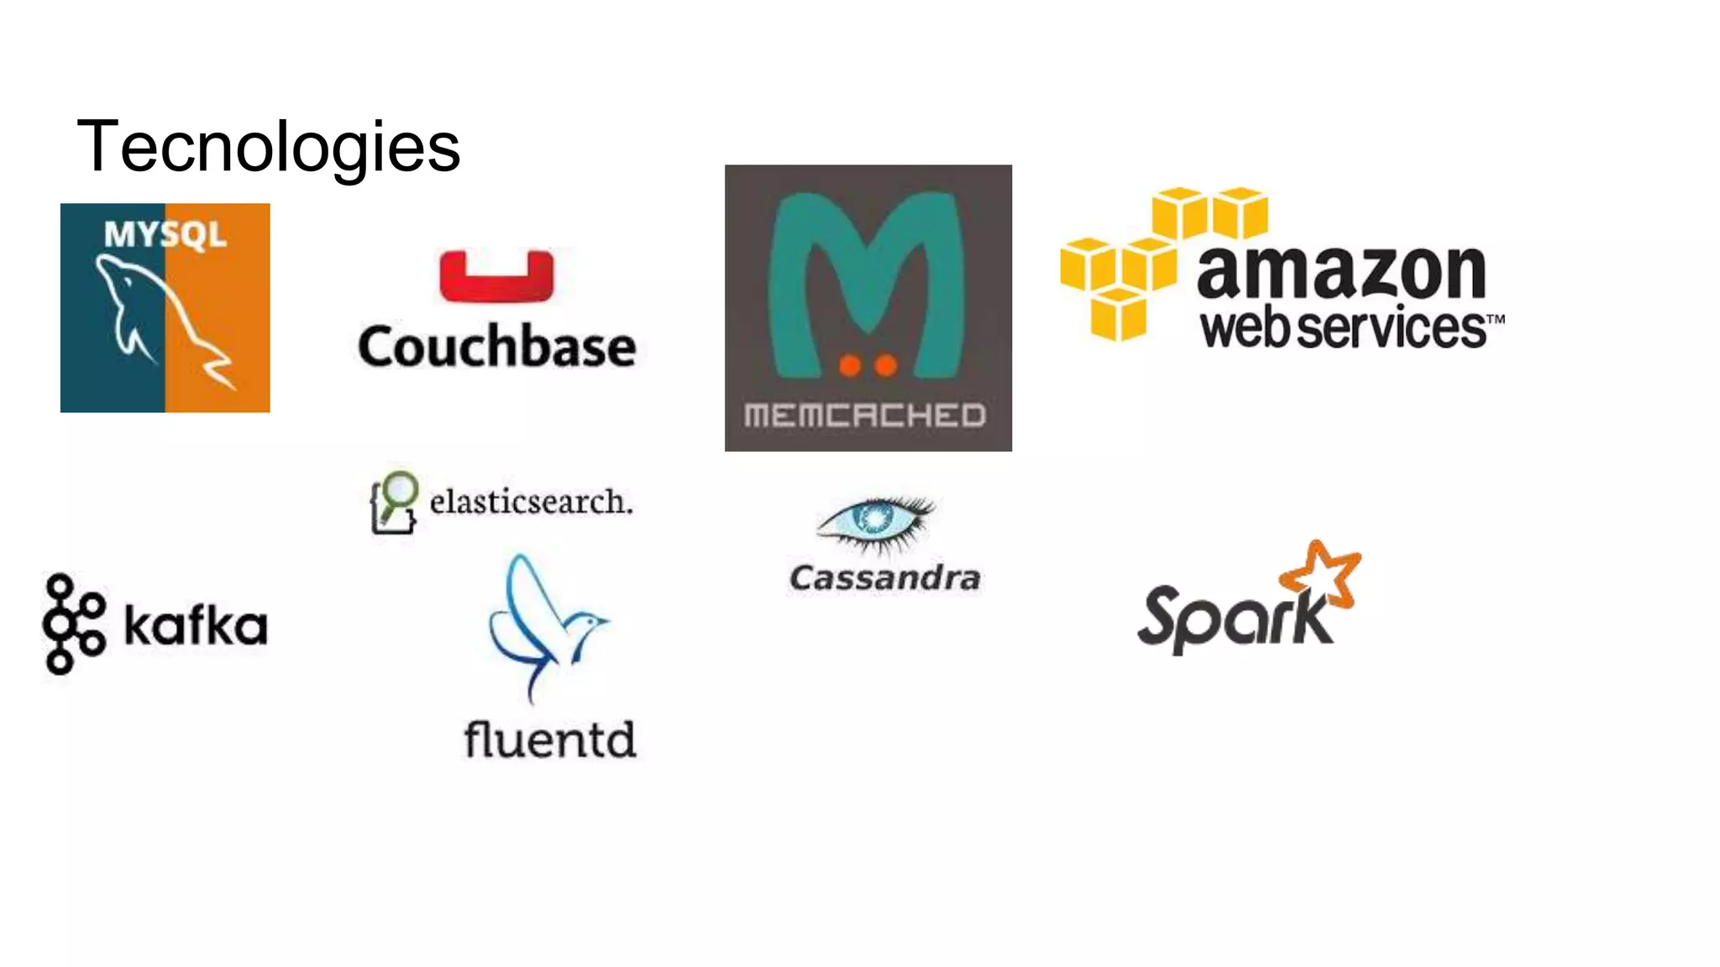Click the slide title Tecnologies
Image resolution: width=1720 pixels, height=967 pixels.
(x=268, y=147)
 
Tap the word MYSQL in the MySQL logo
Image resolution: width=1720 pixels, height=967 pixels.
(x=165, y=234)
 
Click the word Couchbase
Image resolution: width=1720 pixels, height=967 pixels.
(x=496, y=347)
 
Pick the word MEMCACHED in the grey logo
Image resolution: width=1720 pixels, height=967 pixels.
(x=865, y=415)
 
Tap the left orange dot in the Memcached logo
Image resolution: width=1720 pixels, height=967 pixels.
(x=850, y=365)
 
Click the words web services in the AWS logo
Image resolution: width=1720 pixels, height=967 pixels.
(x=1344, y=327)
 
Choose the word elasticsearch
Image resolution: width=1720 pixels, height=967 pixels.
(x=531, y=502)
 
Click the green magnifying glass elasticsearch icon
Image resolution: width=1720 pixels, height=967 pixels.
(x=394, y=501)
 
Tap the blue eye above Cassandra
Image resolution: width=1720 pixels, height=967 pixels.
(x=876, y=521)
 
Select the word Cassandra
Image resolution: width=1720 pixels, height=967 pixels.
(x=885, y=578)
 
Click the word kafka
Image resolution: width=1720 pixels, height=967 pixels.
(x=196, y=625)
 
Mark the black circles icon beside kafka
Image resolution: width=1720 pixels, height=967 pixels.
(x=74, y=624)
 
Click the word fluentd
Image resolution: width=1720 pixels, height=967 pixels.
(x=550, y=740)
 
